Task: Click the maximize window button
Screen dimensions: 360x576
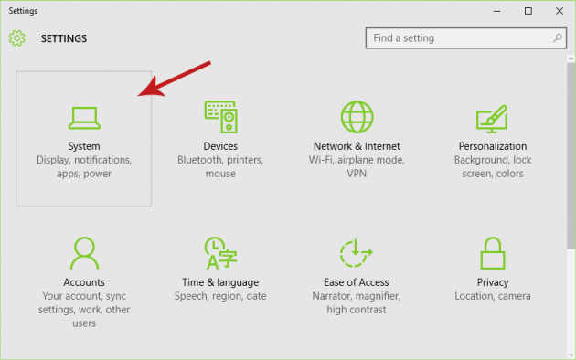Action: [x=528, y=11]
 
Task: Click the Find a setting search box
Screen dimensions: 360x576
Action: [x=457, y=38]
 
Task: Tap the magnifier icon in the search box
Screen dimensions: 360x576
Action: [x=556, y=38]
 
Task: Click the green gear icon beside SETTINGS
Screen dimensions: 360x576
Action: [x=17, y=38]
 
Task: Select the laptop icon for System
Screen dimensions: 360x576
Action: [x=84, y=117]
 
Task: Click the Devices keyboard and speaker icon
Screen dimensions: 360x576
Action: [x=220, y=117]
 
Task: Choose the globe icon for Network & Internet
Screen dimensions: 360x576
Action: [x=357, y=117]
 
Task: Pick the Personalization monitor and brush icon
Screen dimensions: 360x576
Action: [x=492, y=118]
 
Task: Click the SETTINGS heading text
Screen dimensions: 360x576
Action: [x=64, y=39]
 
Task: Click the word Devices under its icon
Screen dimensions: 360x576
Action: [x=220, y=146]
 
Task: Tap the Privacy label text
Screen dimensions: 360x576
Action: [x=493, y=282]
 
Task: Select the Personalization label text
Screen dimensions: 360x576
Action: [x=493, y=146]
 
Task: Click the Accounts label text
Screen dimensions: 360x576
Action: [x=84, y=282]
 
